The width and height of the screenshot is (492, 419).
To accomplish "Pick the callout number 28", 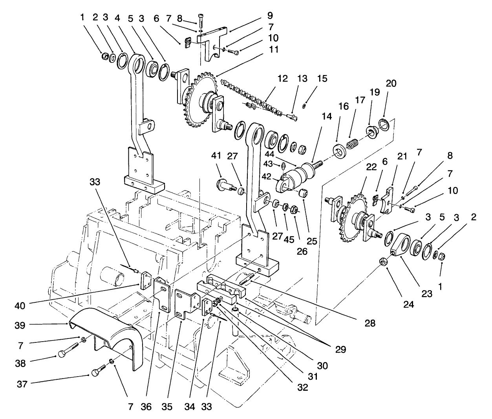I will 370,324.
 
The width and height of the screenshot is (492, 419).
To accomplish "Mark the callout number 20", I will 391,84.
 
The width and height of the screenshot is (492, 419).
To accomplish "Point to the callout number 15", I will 323,79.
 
